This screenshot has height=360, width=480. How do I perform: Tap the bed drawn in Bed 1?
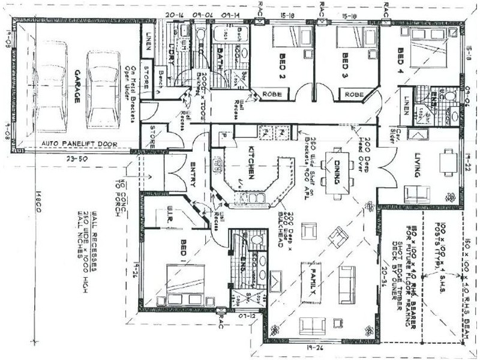(184, 287)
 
